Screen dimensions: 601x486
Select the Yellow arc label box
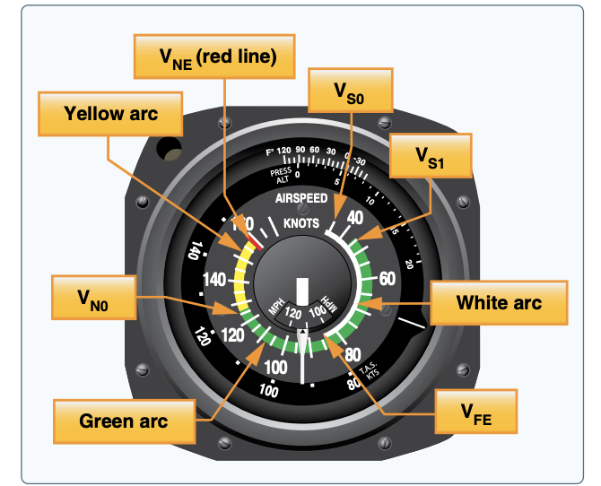(x=111, y=114)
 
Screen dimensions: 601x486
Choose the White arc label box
(x=499, y=302)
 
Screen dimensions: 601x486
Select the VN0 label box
(x=94, y=298)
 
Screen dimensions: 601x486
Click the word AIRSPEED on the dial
(x=301, y=198)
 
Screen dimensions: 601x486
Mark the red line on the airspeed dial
(x=256, y=239)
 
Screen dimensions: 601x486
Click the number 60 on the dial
(x=386, y=278)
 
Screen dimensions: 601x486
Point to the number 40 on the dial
(x=354, y=216)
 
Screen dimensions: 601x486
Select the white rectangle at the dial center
(x=302, y=290)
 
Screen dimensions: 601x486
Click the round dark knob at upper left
(x=169, y=147)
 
